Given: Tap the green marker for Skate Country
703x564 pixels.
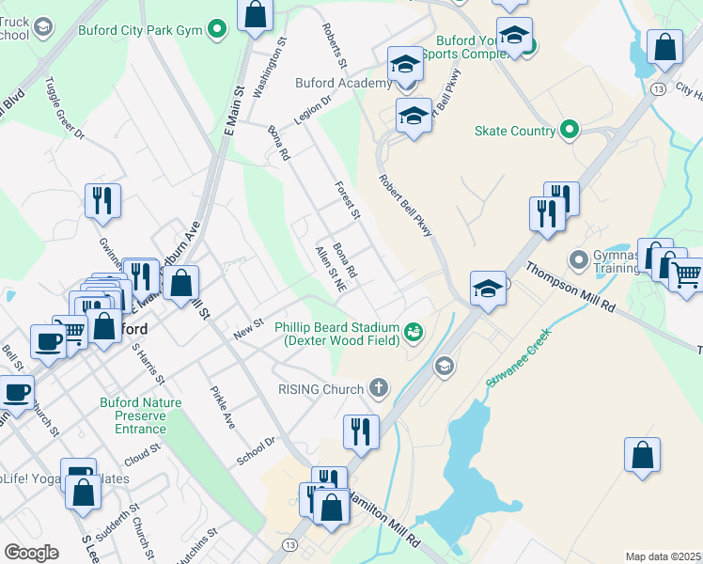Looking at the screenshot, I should pos(569,131).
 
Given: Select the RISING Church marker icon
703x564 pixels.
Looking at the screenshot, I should pos(378,388).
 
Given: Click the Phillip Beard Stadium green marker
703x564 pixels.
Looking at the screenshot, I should pos(413,331).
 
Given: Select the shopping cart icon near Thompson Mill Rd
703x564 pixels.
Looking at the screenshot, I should pos(686,275).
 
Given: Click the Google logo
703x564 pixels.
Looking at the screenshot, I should pos(31,552).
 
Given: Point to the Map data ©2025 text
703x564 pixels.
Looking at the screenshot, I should pos(662,556).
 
